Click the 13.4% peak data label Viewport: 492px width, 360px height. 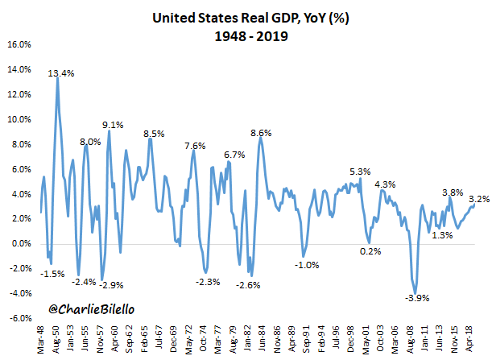(x=61, y=73)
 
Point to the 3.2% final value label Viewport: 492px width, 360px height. (x=479, y=198)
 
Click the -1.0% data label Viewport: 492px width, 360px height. (x=307, y=264)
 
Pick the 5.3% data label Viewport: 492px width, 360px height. (x=360, y=172)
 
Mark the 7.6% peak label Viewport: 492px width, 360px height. (x=195, y=146)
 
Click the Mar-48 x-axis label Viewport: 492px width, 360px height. (x=40, y=338)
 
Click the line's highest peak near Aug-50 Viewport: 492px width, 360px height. (x=56, y=78)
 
